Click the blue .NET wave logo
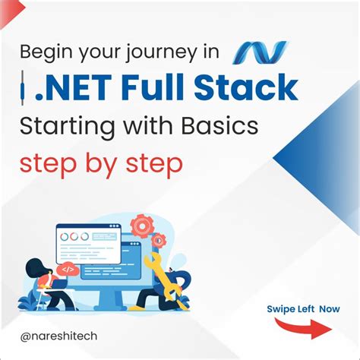[261, 52]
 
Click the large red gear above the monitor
[142, 226]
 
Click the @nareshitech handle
[64, 335]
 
